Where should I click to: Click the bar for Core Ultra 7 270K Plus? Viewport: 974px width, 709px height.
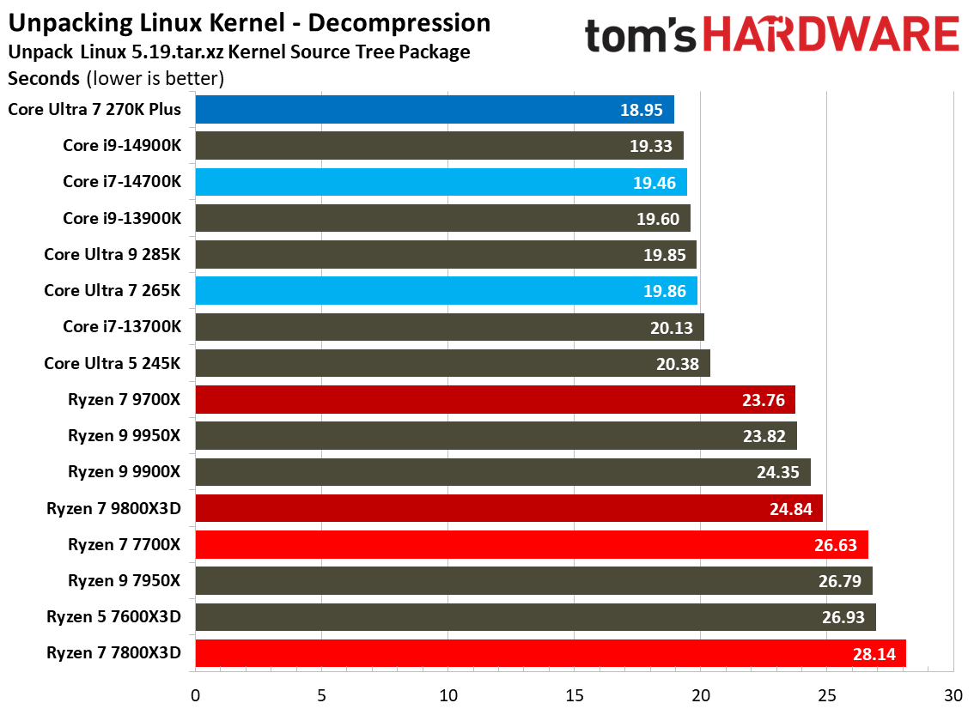pyautogui.click(x=434, y=110)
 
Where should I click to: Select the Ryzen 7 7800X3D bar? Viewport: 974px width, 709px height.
pyautogui.click(x=550, y=653)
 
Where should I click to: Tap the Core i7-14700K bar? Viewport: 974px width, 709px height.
pyautogui.click(x=441, y=182)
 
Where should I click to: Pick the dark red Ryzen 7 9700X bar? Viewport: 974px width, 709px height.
pyautogui.click(x=495, y=400)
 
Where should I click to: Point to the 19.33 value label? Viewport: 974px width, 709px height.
pyautogui.click(x=650, y=146)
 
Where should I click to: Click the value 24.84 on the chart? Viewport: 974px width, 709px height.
pyautogui.click(x=790, y=508)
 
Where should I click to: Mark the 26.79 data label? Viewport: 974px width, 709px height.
pyautogui.click(x=840, y=581)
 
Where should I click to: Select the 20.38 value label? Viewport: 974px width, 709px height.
pyautogui.click(x=678, y=364)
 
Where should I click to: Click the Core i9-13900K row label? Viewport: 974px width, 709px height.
pyautogui.click(x=122, y=218)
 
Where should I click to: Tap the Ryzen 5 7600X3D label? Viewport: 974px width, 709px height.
pyautogui.click(x=114, y=617)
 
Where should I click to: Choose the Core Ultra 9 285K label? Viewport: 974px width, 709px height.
pyautogui.click(x=113, y=255)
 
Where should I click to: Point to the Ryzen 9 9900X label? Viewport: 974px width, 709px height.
pyautogui.click(x=125, y=472)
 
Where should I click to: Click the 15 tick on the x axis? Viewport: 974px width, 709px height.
pyautogui.click(x=574, y=694)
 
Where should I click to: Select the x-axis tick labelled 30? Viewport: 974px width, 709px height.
pyautogui.click(x=953, y=694)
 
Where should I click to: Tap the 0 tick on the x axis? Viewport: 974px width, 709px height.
pyautogui.click(x=196, y=694)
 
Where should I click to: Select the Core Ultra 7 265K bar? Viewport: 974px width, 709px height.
pyautogui.click(x=446, y=291)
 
